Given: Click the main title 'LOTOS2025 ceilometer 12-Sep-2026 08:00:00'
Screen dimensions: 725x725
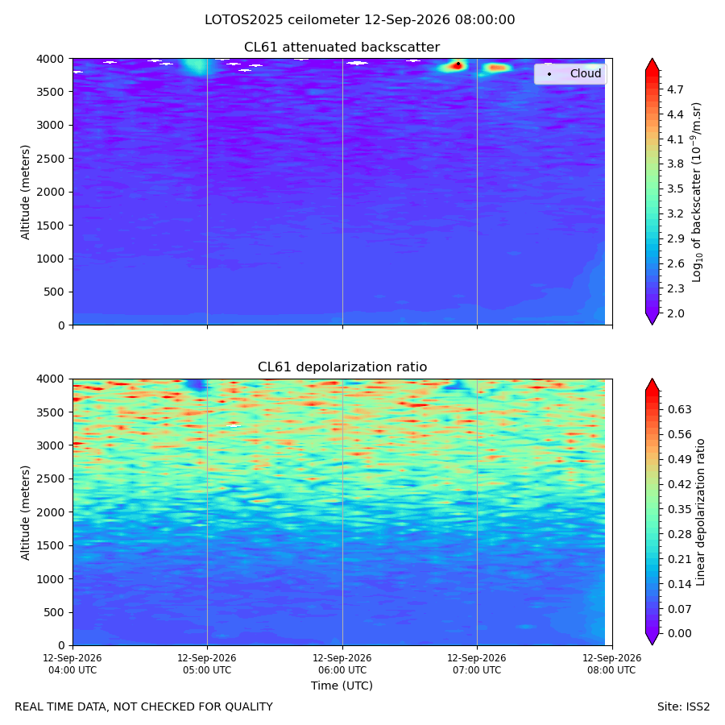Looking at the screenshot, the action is [x=360, y=20].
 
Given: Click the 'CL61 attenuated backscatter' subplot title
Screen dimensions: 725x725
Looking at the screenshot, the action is [x=342, y=48].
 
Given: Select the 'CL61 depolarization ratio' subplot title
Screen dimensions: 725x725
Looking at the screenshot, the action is [x=342, y=367].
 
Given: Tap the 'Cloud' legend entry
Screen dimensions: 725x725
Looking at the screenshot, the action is [x=586, y=73].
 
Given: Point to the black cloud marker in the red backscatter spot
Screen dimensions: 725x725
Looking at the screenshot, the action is [x=458, y=64].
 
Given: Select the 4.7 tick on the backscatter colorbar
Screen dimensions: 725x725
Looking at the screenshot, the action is [x=675, y=89].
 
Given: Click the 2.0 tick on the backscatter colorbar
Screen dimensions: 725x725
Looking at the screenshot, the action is [x=675, y=313].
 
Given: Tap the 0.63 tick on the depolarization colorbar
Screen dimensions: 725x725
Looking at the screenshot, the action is [x=680, y=410].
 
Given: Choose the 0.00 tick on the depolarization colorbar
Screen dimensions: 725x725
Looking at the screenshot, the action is [x=680, y=633].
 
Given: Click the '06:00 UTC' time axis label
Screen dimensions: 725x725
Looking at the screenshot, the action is [x=342, y=670].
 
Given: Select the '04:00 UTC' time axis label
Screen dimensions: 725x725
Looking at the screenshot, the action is [x=72, y=670].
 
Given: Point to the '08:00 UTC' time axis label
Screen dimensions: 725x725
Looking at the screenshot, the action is [x=611, y=670].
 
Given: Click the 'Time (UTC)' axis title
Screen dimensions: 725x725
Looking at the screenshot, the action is [x=342, y=686].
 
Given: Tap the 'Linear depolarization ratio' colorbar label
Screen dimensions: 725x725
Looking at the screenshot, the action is [x=700, y=512].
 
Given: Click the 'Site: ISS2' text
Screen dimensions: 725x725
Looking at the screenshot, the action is [x=683, y=707].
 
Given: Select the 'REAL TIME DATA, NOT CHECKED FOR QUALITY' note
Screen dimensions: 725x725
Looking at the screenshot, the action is [x=144, y=707].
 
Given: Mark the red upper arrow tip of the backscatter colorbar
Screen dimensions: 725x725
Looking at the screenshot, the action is [x=652, y=59].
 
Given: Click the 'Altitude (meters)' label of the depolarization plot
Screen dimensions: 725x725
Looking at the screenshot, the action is [x=25, y=512].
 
